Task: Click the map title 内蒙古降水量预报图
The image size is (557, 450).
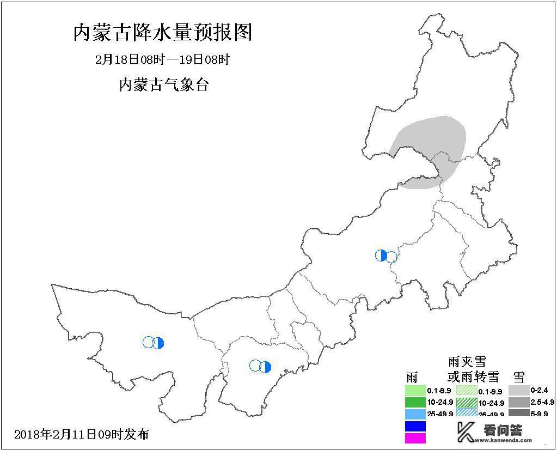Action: pyautogui.click(x=163, y=33)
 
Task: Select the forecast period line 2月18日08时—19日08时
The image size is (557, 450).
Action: pyautogui.click(x=162, y=59)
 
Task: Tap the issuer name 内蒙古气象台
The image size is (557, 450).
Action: pyautogui.click(x=163, y=85)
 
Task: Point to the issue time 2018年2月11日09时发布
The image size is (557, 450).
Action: pyautogui.click(x=82, y=434)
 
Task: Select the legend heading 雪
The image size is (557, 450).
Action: pyautogui.click(x=519, y=376)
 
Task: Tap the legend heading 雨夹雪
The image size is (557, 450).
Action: pyautogui.click(x=467, y=362)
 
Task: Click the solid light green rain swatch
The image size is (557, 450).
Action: pyautogui.click(x=415, y=391)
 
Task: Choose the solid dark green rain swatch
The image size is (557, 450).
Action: pyautogui.click(x=415, y=403)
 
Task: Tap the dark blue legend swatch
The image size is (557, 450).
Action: pyautogui.click(x=415, y=426)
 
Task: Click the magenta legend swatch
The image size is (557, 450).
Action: pyautogui.click(x=415, y=437)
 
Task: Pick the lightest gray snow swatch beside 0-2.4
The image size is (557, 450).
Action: pyautogui.click(x=519, y=391)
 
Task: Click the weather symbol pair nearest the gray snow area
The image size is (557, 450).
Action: pyautogui.click(x=386, y=256)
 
